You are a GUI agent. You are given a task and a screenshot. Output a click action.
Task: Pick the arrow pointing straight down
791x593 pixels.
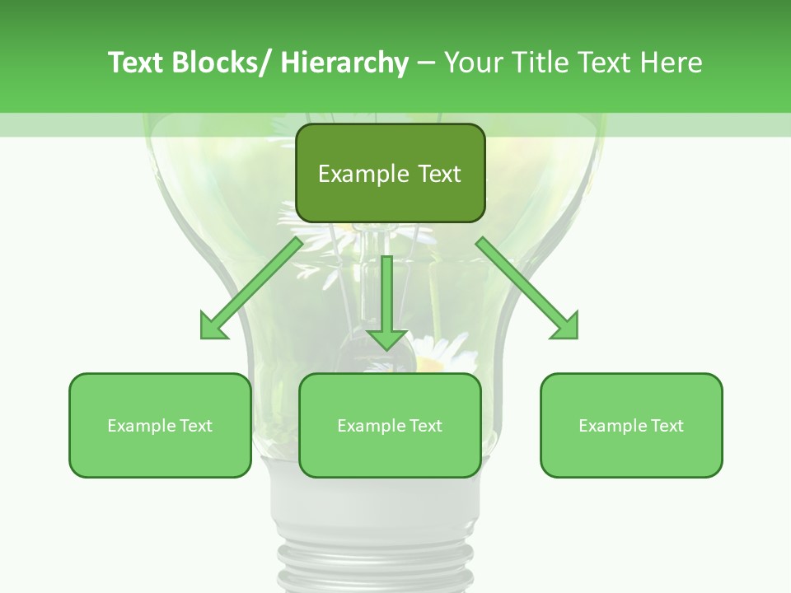tap(387, 296)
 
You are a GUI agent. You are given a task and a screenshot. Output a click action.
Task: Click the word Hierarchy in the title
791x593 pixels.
tap(344, 63)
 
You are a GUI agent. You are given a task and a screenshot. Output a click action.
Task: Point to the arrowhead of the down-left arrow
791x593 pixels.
tap(213, 327)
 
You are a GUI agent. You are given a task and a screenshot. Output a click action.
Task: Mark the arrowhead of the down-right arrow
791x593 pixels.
tap(566, 327)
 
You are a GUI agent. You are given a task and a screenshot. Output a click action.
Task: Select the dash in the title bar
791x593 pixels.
tap(426, 63)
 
